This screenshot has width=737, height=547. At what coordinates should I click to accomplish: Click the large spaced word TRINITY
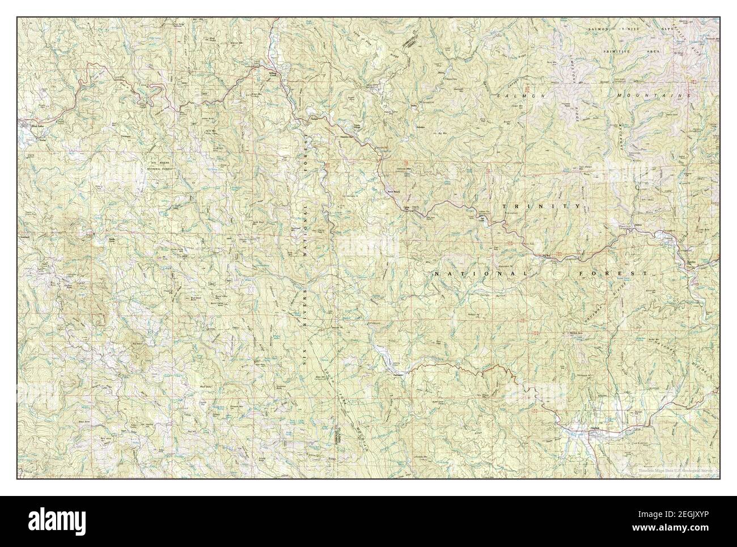click(x=541, y=206)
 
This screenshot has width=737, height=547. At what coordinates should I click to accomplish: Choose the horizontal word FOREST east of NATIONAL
click(x=613, y=273)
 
